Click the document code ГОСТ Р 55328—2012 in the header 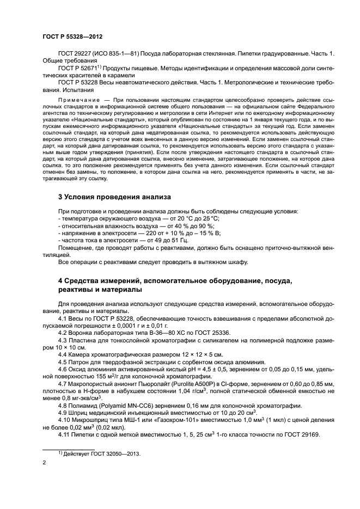pyautogui.click(x=72, y=36)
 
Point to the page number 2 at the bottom pyautogui.click(x=44, y=463)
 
